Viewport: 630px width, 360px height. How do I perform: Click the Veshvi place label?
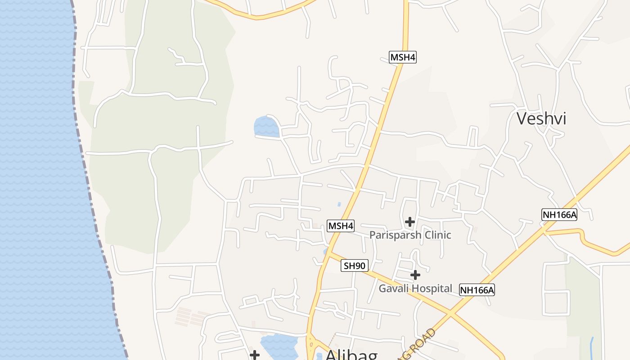point(541,118)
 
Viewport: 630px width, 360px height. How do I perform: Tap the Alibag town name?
point(351,355)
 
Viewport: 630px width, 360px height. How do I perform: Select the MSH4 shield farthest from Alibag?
point(402,57)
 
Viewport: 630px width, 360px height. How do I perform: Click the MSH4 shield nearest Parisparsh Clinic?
point(341,226)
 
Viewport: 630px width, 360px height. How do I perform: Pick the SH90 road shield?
point(354,265)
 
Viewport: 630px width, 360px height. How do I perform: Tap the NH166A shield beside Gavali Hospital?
point(477,290)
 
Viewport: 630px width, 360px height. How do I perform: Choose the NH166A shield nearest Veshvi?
point(559,215)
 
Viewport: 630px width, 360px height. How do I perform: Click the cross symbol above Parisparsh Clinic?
point(409,221)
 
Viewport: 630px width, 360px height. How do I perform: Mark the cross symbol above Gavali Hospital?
point(415,274)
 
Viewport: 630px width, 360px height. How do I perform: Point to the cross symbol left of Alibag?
point(255,355)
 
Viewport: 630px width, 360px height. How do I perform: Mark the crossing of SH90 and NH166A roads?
point(450,312)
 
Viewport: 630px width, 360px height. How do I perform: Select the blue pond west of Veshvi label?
point(266,127)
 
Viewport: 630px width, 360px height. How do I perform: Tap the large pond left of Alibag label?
point(279,346)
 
